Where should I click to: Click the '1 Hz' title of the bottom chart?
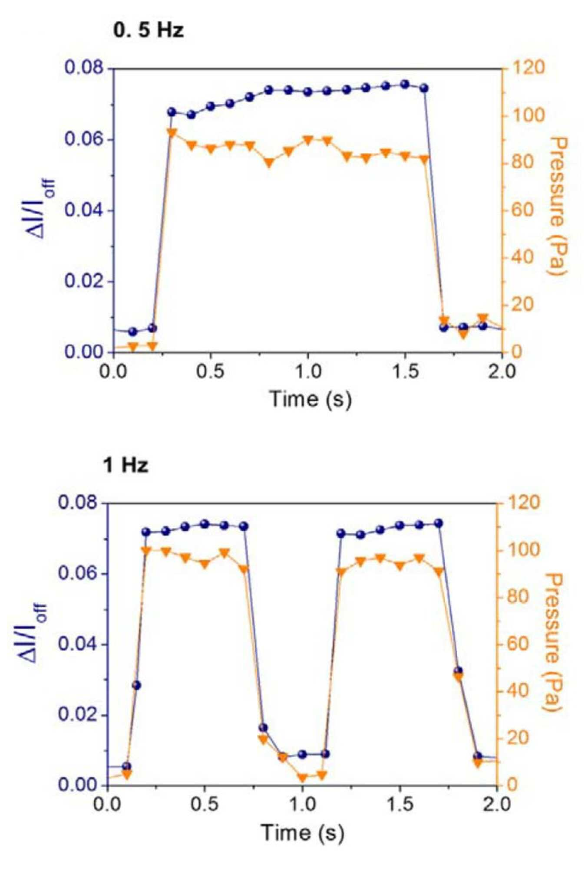click(x=126, y=466)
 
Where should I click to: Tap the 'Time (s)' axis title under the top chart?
click(x=310, y=398)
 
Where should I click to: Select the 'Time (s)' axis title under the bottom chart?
click(x=303, y=832)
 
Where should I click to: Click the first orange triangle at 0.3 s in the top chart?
click(x=172, y=133)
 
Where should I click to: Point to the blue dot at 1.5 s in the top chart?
click(x=405, y=84)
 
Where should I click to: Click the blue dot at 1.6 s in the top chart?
click(x=424, y=88)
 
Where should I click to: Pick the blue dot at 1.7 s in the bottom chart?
click(x=439, y=523)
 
